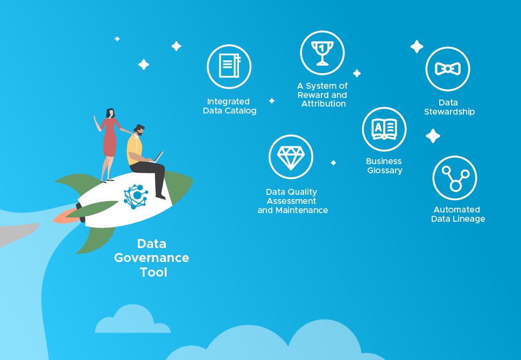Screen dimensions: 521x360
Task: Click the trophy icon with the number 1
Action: (322, 53)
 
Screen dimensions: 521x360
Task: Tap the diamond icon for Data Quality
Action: (291, 158)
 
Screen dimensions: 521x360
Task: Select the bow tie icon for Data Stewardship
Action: (448, 69)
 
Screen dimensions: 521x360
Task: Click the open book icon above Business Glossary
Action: (384, 129)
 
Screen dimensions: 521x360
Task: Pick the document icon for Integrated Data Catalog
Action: (229, 66)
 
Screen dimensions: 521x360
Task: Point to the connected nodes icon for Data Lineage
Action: (455, 178)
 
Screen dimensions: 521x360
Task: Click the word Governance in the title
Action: (152, 258)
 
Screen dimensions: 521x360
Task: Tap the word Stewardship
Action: (449, 112)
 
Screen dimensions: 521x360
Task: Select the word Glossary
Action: (385, 171)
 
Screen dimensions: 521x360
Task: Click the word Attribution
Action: (323, 104)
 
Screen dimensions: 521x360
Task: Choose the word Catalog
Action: (240, 111)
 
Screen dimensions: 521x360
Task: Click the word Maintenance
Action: (302, 210)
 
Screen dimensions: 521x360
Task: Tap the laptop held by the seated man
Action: (158, 157)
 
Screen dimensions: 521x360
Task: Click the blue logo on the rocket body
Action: (136, 196)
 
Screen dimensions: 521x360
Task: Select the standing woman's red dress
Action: (110, 137)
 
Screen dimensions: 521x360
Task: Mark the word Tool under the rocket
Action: (153, 272)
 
